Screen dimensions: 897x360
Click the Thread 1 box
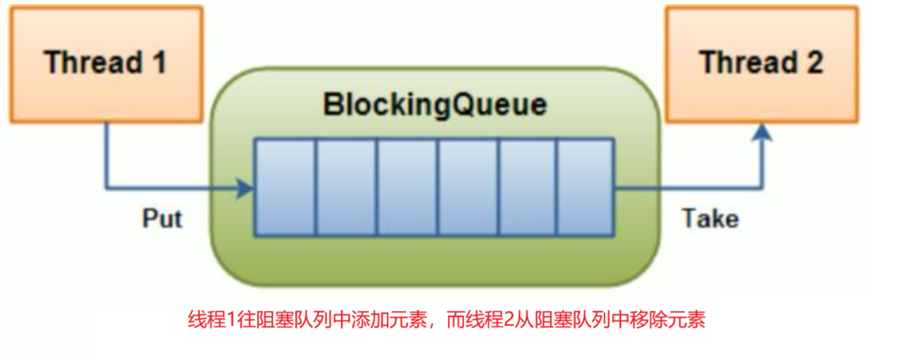(x=105, y=64)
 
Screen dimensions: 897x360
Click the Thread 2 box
(x=761, y=64)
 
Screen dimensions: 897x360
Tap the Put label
(x=163, y=218)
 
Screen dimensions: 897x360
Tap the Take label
(x=710, y=218)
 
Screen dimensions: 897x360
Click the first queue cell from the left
(x=285, y=186)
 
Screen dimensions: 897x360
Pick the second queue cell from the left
(x=346, y=186)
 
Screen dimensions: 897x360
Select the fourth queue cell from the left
(x=467, y=186)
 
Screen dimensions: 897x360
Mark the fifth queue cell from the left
(x=527, y=186)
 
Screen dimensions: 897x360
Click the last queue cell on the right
(x=585, y=186)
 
